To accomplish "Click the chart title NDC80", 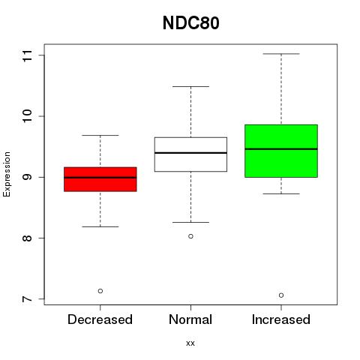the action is point(191,23).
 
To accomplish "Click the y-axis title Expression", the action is point(7,174).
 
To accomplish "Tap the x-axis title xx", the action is point(190,343).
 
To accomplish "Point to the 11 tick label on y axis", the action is point(28,55).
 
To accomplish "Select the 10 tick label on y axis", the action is point(28,116).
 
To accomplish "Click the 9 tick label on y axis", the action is point(28,177).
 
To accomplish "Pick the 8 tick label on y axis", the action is point(28,238).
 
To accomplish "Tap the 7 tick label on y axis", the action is point(28,298).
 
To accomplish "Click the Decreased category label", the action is point(100,319).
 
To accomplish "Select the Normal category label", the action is point(190,319).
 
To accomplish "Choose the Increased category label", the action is point(281,319).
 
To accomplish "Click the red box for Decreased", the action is point(100,179).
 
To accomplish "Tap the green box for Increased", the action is point(281,151).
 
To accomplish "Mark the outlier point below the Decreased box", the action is point(100,291).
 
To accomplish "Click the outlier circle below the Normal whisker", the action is point(190,236).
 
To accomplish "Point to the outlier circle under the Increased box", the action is point(281,295).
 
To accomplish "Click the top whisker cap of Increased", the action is point(281,54).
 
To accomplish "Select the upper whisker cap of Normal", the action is point(190,86).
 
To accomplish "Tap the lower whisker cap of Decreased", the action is point(100,226).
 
